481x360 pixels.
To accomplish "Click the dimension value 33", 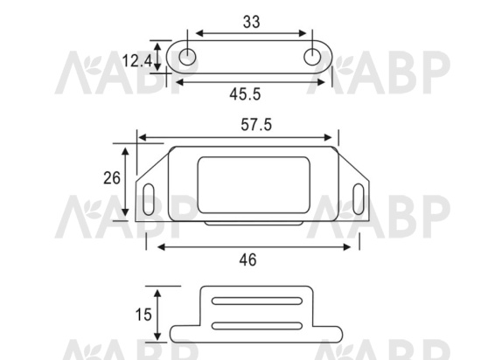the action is coord(252,22).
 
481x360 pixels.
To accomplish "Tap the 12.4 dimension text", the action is coord(137,60).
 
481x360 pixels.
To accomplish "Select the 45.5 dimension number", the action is coord(245,93).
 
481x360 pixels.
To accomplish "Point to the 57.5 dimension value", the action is coord(256,125).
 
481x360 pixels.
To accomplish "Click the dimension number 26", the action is coord(112,178).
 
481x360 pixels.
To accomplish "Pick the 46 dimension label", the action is coord(247,260).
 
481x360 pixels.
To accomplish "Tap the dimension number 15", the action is coord(143,315).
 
